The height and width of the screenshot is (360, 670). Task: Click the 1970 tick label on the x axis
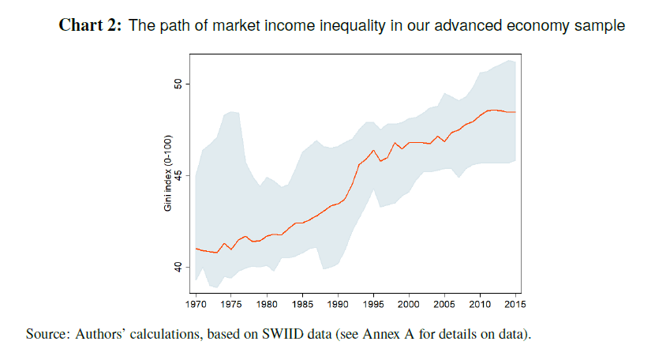coord(196,303)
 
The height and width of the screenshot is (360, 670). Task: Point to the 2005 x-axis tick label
coord(444,303)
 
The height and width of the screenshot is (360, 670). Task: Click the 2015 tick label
coord(515,303)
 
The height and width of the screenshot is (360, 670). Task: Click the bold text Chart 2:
coord(91,26)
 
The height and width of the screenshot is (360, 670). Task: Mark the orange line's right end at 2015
coord(515,112)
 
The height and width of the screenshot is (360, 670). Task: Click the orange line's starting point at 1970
coord(196,249)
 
